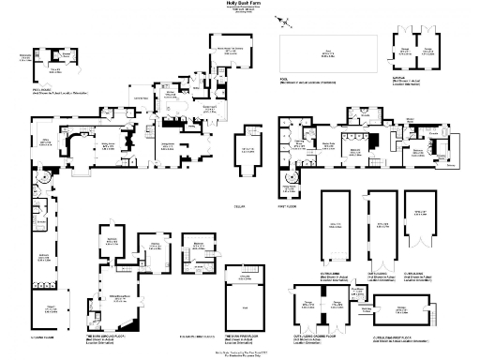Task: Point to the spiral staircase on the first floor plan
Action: coord(289,176)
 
